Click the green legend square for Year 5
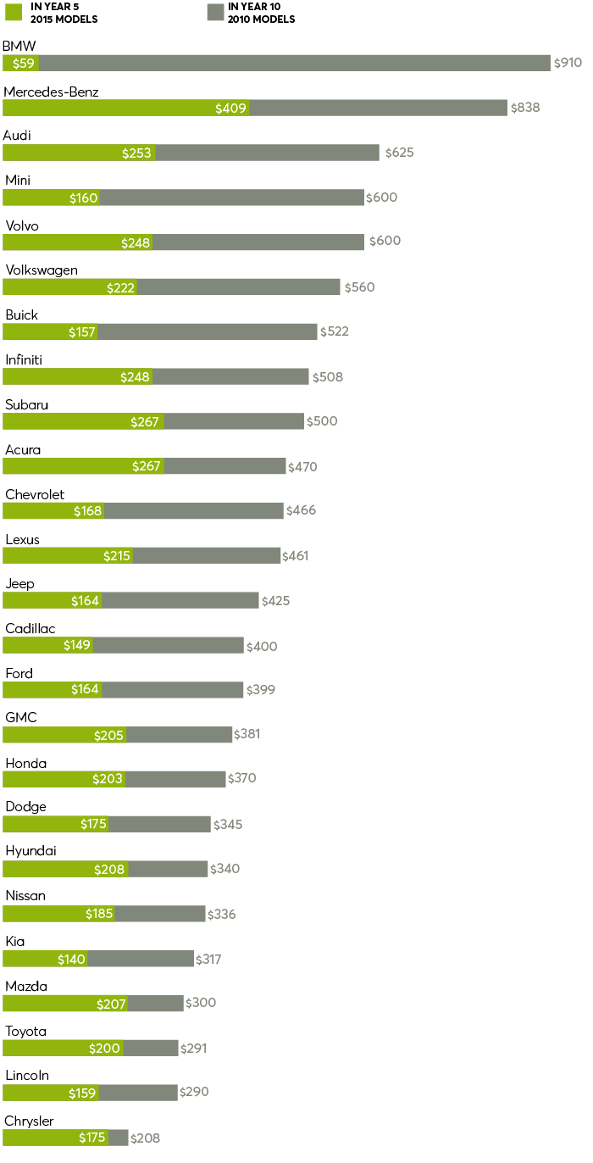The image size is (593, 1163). click(x=13, y=12)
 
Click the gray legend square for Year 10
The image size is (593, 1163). click(x=215, y=12)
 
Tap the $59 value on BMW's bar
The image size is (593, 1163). click(x=23, y=63)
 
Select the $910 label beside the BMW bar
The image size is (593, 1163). click(x=568, y=63)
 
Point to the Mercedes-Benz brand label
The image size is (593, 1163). click(x=51, y=92)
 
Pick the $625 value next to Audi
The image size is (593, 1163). click(x=399, y=153)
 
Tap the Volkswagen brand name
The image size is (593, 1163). click(x=42, y=270)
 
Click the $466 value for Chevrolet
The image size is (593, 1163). click(x=301, y=510)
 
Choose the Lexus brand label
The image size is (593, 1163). click(x=22, y=540)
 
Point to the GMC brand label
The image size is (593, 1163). click(x=21, y=718)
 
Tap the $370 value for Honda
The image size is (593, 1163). click(x=241, y=778)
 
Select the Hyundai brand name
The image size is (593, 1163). click(x=30, y=851)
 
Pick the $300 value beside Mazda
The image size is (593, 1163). click(x=201, y=1003)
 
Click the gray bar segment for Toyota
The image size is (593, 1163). click(x=151, y=1049)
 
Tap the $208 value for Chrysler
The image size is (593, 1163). click(x=145, y=1138)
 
